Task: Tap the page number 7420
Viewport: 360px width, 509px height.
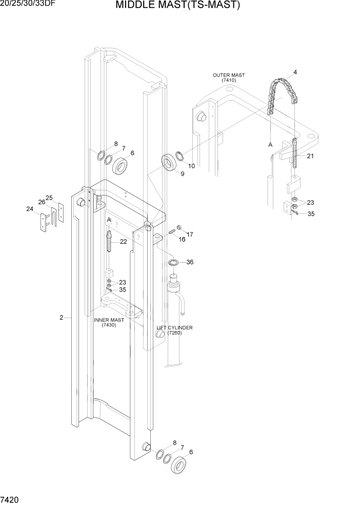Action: coord(11,499)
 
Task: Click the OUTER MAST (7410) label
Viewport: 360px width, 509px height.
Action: coord(229,78)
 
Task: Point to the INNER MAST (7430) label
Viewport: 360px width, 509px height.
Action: coord(109,322)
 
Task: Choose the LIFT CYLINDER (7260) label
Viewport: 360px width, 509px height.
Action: coord(175,330)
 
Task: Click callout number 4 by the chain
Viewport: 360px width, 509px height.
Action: coord(295,72)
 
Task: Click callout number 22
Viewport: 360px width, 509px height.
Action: coord(123,242)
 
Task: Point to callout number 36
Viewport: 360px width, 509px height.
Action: coord(190,262)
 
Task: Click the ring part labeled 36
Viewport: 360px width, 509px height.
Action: coord(173,263)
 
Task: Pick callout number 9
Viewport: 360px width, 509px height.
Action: coord(182,174)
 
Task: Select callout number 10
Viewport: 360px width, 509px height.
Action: coord(191,166)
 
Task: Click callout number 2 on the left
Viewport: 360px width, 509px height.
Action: coord(61,318)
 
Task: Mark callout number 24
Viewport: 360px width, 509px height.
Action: coord(30,209)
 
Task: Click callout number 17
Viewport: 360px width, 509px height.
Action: coord(190,234)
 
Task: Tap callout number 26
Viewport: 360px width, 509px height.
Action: coord(42,202)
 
